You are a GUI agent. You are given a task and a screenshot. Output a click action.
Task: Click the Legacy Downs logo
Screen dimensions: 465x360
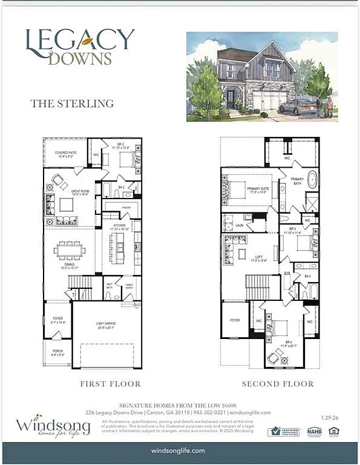point(79,46)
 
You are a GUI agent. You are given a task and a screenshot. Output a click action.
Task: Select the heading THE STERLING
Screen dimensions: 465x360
point(72,104)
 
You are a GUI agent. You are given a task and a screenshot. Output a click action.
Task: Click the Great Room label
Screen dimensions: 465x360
point(80,193)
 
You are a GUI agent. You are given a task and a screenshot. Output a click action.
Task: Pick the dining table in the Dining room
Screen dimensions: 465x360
point(69,249)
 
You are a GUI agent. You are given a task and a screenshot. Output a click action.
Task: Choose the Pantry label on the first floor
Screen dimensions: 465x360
point(126,208)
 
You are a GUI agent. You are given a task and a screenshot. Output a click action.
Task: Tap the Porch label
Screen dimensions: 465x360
point(57,352)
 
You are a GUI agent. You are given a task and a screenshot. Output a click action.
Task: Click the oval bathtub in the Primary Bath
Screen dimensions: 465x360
point(313,180)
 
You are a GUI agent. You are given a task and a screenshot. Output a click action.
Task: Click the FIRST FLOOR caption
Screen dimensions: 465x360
point(110,384)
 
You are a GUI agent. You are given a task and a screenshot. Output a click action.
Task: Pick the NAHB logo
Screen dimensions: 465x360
point(313,432)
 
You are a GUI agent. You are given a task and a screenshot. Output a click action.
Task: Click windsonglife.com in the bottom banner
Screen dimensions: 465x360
point(178,451)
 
